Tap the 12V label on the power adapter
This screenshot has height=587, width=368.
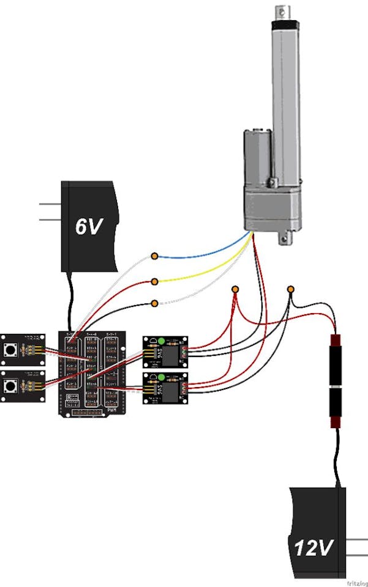[x=313, y=547]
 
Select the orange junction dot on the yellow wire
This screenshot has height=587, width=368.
[x=155, y=281]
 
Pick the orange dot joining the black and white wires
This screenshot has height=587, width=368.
[x=155, y=303]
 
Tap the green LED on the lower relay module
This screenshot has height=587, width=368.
[x=161, y=377]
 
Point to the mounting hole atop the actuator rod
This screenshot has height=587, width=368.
[x=283, y=10]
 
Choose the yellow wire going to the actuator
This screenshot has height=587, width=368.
[x=202, y=274]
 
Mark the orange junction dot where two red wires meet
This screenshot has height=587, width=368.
[x=235, y=289]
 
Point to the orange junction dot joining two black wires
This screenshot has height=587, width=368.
[x=291, y=289]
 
